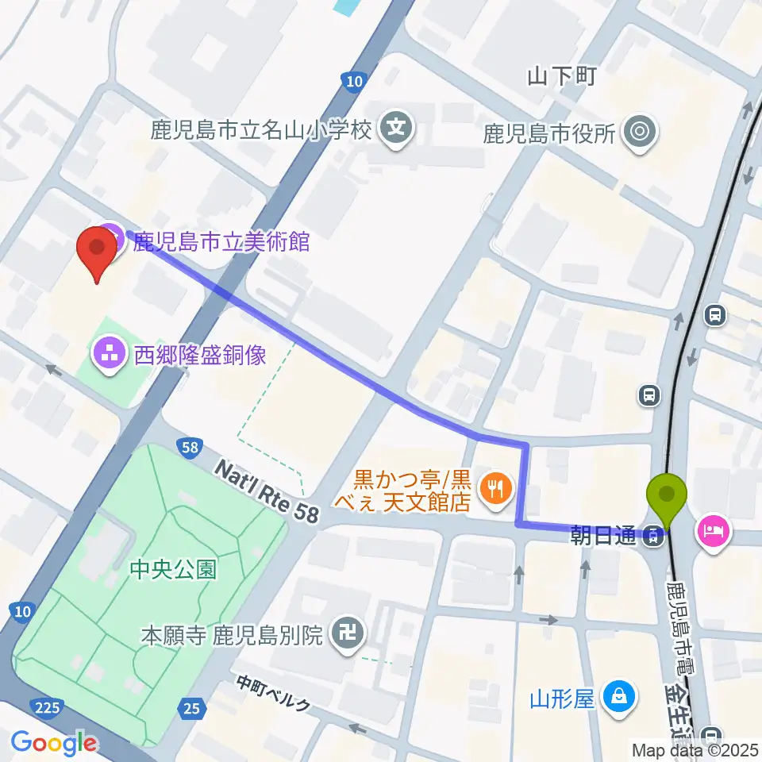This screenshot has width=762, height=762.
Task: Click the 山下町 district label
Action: tap(561, 76)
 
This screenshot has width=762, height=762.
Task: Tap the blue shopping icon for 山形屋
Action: tap(617, 698)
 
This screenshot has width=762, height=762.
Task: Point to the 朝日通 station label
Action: tap(603, 537)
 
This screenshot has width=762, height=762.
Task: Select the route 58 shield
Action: tap(189, 448)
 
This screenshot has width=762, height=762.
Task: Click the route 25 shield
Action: tap(190, 707)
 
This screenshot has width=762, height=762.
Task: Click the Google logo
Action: tap(53, 743)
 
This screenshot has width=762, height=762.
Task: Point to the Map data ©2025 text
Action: tap(694, 749)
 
